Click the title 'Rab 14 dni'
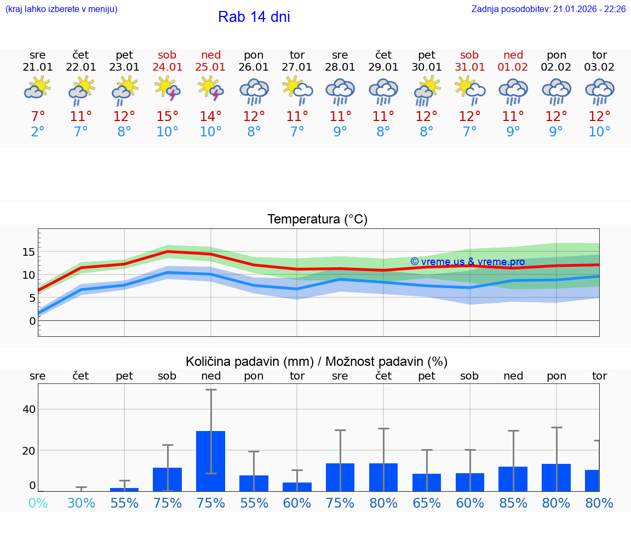click(x=254, y=17)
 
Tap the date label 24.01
click(x=168, y=67)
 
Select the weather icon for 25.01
click(x=211, y=89)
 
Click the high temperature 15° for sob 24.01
click(x=168, y=116)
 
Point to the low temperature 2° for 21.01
click(x=38, y=132)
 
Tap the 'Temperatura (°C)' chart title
click(x=317, y=219)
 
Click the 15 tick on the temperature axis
click(x=28, y=252)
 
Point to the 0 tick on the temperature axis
click(x=32, y=320)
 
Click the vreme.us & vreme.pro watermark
click(x=467, y=262)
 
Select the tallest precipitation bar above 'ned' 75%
click(x=211, y=461)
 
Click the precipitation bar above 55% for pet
click(x=124, y=489)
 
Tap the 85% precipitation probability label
click(x=513, y=503)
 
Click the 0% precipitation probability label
click(x=38, y=503)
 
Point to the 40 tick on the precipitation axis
click(x=29, y=409)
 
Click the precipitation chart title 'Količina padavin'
click(x=317, y=361)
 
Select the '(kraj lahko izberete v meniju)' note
click(x=61, y=9)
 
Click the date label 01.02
click(x=513, y=67)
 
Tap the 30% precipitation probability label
click(x=81, y=503)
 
